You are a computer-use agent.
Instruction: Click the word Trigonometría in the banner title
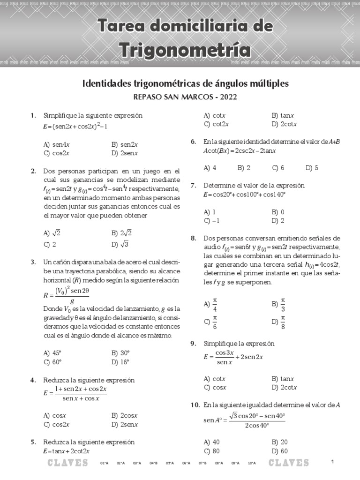click(184, 49)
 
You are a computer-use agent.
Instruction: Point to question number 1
click(33, 115)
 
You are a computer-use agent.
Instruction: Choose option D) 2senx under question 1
click(124, 153)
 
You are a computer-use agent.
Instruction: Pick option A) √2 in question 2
click(52, 232)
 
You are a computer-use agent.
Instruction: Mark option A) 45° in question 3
click(52, 353)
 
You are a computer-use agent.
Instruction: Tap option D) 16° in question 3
click(120, 362)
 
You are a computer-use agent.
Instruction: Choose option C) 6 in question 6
click(278, 167)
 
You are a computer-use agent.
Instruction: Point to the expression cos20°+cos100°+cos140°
click(244, 195)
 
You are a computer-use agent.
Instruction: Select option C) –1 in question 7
click(211, 221)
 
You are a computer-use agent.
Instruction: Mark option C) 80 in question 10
click(211, 451)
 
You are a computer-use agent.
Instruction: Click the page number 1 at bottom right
click(332, 462)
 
